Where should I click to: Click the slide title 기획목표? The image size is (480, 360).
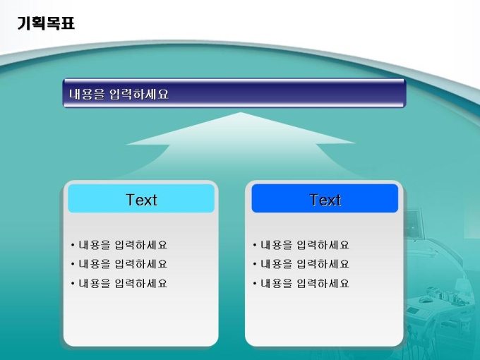pyautogui.click(x=46, y=23)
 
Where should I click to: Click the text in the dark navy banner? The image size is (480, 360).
pyautogui.click(x=119, y=94)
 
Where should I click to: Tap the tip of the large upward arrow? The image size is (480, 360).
pyautogui.click(x=241, y=113)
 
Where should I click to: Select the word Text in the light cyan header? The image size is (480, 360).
pyautogui.click(x=141, y=200)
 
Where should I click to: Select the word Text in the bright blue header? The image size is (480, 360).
pyautogui.click(x=325, y=200)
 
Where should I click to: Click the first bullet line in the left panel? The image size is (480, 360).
pyautogui.click(x=119, y=245)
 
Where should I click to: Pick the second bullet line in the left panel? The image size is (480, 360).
pyautogui.click(x=119, y=264)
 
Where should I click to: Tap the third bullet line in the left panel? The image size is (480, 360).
pyautogui.click(x=119, y=284)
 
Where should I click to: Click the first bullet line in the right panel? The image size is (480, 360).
pyautogui.click(x=301, y=245)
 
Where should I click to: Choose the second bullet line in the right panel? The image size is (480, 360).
pyautogui.click(x=301, y=264)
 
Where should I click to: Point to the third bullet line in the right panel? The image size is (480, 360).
pyautogui.click(x=301, y=284)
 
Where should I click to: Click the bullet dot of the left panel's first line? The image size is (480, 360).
pyautogui.click(x=73, y=245)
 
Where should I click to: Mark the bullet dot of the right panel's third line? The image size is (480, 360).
pyautogui.click(x=255, y=284)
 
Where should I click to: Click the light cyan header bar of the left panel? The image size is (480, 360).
pyautogui.click(x=141, y=198)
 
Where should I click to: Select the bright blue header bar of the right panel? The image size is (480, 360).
pyautogui.click(x=325, y=198)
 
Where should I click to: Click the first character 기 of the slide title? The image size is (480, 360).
pyautogui.click(x=24, y=23)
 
